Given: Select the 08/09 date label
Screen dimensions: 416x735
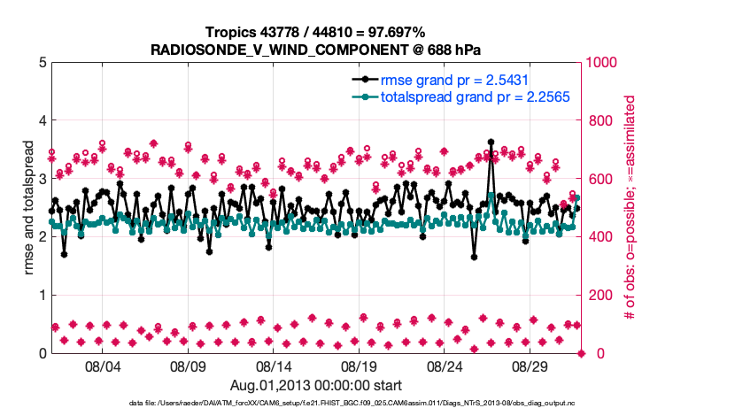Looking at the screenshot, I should tap(188, 366).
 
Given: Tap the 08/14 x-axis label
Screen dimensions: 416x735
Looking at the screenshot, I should tap(274, 366).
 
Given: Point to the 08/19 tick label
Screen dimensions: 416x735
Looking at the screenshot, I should tap(360, 366).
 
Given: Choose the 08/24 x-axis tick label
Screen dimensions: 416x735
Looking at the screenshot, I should tap(445, 366).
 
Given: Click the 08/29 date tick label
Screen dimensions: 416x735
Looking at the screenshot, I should tap(531, 366).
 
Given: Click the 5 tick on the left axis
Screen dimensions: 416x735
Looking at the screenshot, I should tap(42, 63).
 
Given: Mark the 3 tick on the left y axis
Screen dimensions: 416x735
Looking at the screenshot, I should tap(42, 179).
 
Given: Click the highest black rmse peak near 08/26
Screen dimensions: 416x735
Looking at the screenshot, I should tap(491, 142).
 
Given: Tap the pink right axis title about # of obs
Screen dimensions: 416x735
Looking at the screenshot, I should tap(631, 207).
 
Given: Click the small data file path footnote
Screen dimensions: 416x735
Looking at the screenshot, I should tap(316, 404).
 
